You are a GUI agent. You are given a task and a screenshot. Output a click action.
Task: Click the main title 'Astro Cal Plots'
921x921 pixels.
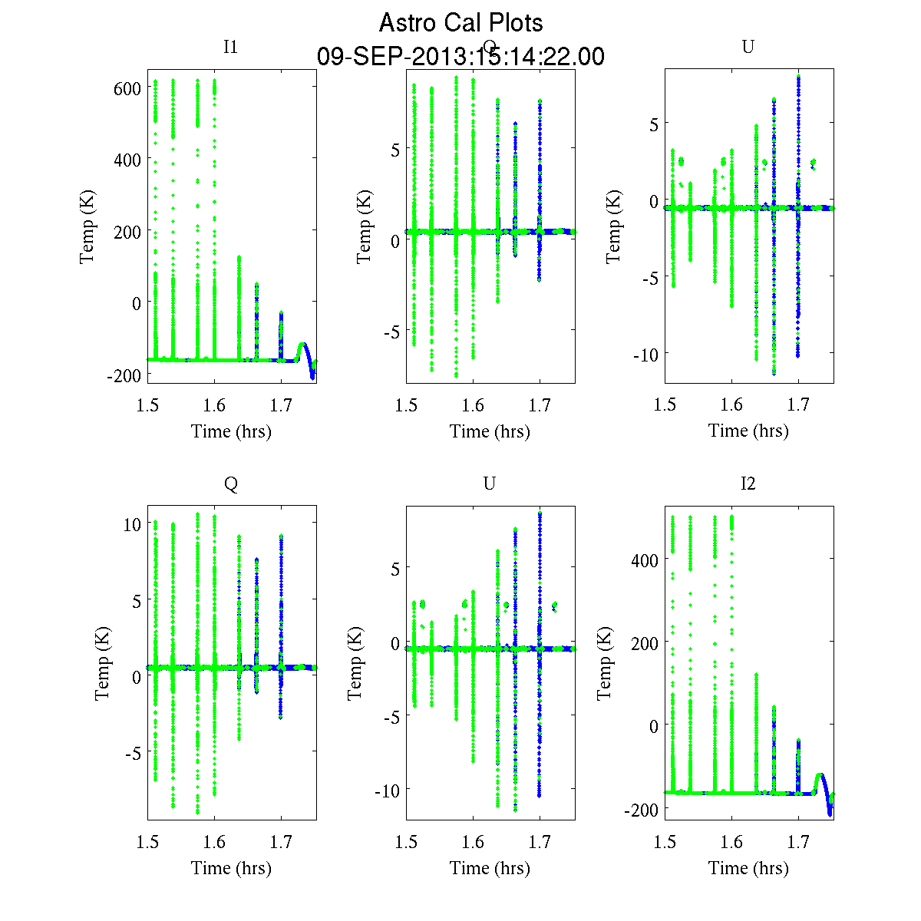point(460,23)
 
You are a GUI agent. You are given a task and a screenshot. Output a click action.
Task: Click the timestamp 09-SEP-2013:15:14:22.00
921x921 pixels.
point(460,57)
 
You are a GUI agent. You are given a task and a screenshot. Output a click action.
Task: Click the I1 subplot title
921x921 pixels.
point(230,47)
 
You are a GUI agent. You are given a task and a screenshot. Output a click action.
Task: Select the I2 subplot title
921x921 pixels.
point(748,484)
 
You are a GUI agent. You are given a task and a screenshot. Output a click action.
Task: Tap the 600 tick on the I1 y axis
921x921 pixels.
point(127,89)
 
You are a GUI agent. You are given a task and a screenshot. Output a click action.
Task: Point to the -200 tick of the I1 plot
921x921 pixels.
point(123,375)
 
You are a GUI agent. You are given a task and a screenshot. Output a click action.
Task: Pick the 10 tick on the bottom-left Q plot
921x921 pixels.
point(132,523)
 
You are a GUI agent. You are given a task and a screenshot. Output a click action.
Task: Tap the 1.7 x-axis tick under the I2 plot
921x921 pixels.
point(798,842)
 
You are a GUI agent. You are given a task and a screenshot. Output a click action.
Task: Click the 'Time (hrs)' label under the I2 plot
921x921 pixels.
point(748,868)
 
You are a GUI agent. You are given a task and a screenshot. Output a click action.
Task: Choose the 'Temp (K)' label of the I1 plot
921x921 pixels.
point(87,230)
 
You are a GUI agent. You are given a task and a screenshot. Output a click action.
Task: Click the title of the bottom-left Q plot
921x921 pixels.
point(230,484)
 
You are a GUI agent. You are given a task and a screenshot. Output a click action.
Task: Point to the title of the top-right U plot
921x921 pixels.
point(748,47)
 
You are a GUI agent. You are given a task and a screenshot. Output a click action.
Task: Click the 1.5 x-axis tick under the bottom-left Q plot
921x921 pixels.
point(148,842)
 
